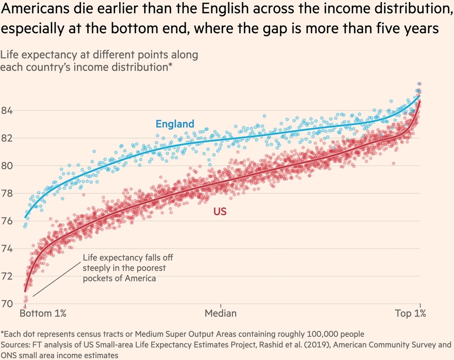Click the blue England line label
[175, 124]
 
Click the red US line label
[220, 212]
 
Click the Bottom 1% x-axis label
[43, 314]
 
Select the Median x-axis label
[220, 314]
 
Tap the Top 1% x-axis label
[410, 314]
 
